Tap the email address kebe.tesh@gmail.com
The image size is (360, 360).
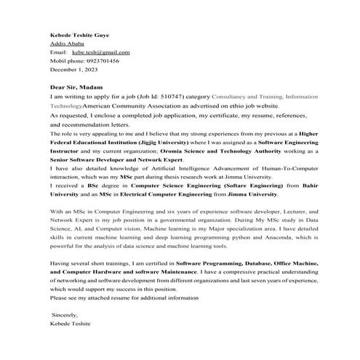(100, 52)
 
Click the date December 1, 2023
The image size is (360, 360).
(73, 69)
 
